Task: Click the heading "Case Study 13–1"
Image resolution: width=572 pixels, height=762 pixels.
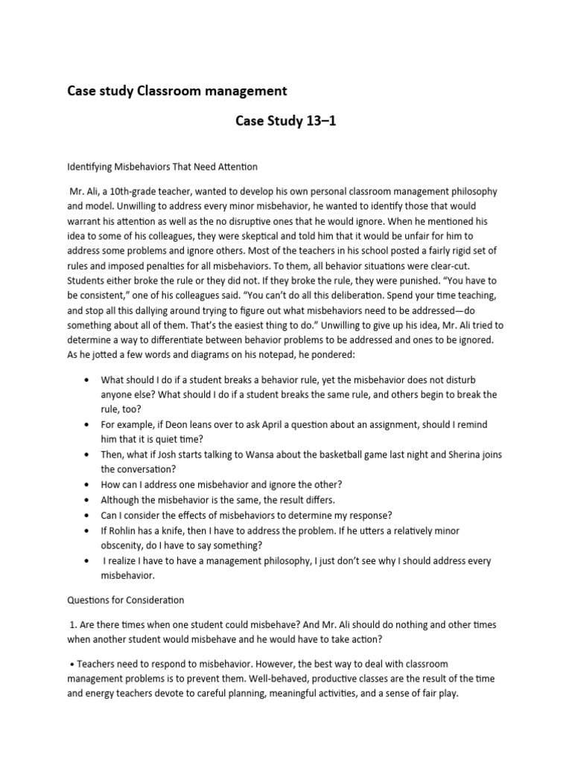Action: [286, 121]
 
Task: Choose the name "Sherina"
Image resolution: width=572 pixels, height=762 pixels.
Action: [462, 454]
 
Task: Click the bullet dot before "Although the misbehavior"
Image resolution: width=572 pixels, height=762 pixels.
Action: [90, 500]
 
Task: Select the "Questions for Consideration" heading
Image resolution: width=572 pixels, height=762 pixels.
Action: [126, 599]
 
